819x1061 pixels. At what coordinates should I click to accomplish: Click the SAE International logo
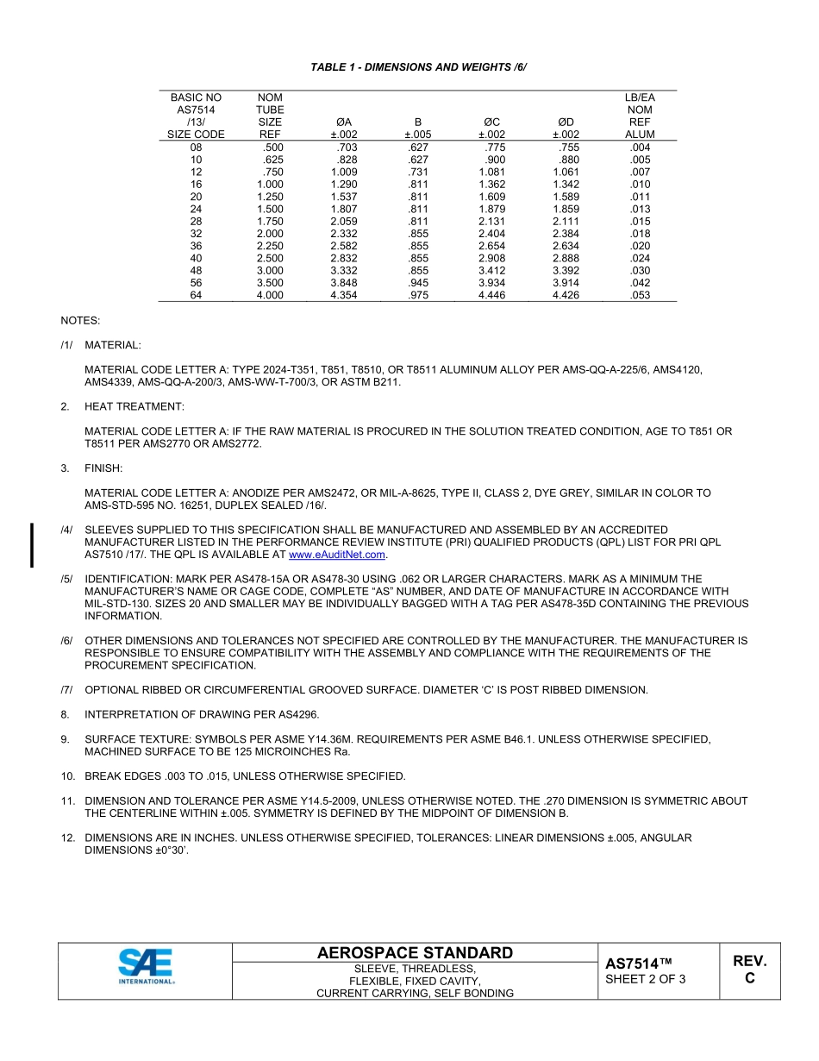point(146,966)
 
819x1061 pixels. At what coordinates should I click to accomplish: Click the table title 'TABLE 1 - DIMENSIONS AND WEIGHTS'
point(418,66)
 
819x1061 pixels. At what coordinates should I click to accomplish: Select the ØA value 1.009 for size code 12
point(344,172)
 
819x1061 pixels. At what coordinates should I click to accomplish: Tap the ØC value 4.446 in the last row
point(491,295)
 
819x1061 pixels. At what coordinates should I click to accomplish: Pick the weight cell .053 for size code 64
point(640,295)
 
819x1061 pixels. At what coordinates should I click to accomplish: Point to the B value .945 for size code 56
point(418,282)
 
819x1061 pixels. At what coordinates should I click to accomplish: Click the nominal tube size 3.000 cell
point(270,270)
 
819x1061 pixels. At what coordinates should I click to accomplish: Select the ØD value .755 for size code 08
point(566,148)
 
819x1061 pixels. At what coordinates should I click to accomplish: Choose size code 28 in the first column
point(196,221)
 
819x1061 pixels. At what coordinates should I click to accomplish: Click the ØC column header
point(491,122)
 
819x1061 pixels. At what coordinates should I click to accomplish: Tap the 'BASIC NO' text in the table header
point(196,97)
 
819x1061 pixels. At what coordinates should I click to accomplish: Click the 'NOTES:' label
point(80,321)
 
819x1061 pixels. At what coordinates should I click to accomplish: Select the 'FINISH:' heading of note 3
point(103,468)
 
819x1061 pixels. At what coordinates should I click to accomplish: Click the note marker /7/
point(67,690)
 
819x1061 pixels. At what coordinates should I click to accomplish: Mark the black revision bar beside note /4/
point(33,544)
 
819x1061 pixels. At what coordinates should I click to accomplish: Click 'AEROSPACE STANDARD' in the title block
point(415,952)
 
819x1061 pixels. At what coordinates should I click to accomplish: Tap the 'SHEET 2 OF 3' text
point(646,978)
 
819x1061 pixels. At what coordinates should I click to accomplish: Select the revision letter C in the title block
point(749,978)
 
